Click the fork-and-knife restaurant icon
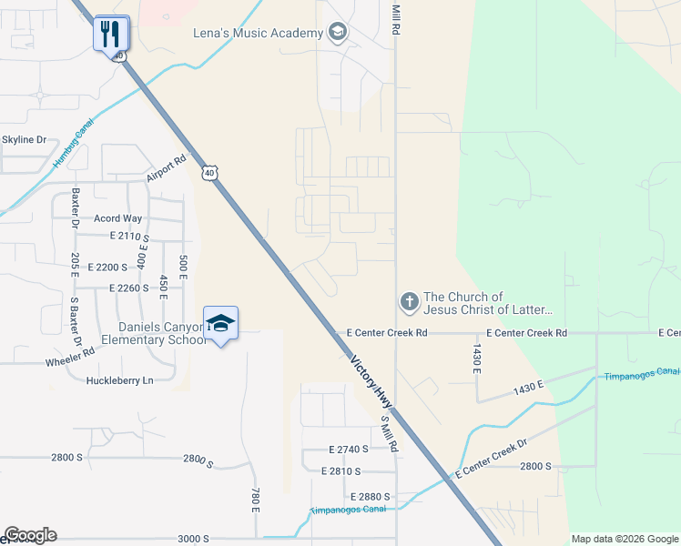111,34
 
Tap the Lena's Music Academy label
259,34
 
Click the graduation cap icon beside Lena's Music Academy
338,34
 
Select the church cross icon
410,301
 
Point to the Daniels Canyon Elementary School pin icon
221,322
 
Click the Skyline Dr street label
24,139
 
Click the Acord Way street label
118,218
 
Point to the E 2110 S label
128,237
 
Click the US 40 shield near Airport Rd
210,173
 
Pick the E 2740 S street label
349,450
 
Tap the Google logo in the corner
30,535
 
